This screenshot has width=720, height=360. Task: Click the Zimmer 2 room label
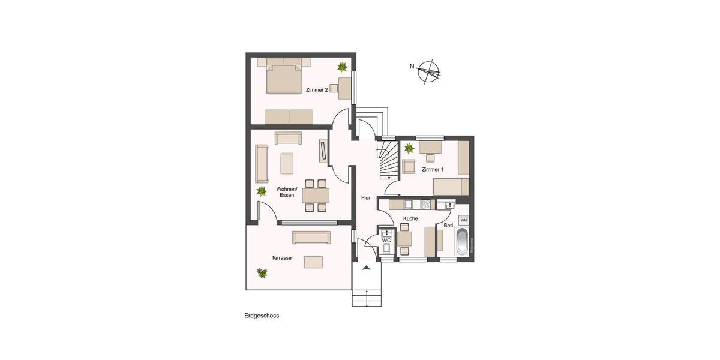click(316, 90)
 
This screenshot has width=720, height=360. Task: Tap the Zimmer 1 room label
click(432, 170)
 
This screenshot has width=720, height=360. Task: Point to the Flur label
click(365, 197)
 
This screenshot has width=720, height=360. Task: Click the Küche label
click(410, 219)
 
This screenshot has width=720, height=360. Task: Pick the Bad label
click(448, 226)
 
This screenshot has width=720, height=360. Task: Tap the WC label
click(386, 241)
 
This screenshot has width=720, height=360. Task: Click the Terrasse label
click(281, 258)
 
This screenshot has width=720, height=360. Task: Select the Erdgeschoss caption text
click(262, 316)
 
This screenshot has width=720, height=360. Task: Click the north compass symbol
click(428, 70)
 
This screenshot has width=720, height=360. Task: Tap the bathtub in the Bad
click(463, 242)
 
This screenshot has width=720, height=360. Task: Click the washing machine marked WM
click(463, 220)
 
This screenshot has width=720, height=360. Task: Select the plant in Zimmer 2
click(342, 67)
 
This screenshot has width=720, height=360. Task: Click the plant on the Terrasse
click(262, 273)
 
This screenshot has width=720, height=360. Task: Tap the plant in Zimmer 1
click(410, 148)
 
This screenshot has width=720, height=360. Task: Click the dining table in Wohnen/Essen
click(316, 196)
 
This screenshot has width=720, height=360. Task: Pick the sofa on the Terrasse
click(311, 238)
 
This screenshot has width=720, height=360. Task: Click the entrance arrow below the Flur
click(367, 268)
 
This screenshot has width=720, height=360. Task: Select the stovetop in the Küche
click(426, 205)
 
